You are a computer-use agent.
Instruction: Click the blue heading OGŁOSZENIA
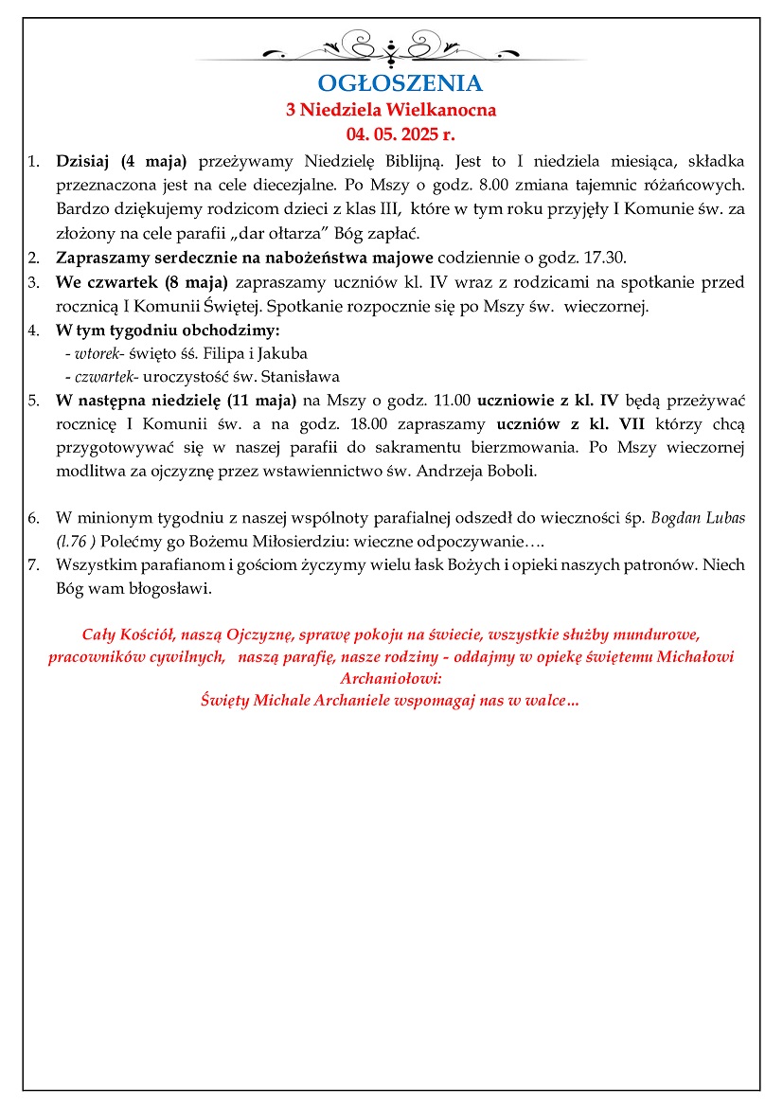coord(391,84)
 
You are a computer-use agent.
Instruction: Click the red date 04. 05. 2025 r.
coord(391,132)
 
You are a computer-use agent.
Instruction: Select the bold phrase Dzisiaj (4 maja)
coord(122,159)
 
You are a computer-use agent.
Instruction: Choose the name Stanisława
coord(304,376)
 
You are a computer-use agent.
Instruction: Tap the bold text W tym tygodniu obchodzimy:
coord(168,331)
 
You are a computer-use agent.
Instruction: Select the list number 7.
coord(33,564)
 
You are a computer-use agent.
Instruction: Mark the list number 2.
coord(33,258)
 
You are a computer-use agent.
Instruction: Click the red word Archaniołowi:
coord(391,678)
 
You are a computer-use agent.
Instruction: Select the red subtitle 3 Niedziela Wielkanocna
coord(391,110)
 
